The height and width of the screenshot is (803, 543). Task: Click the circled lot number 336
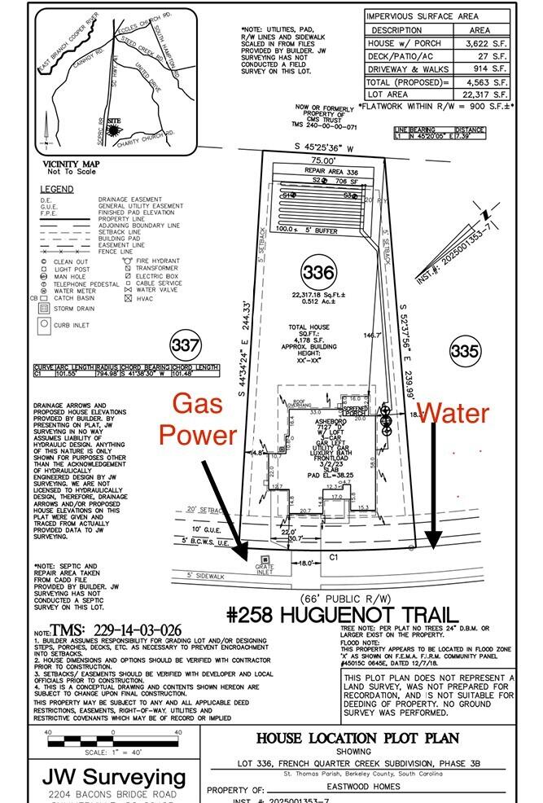point(316,270)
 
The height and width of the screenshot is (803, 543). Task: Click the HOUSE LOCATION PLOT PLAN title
point(357,738)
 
